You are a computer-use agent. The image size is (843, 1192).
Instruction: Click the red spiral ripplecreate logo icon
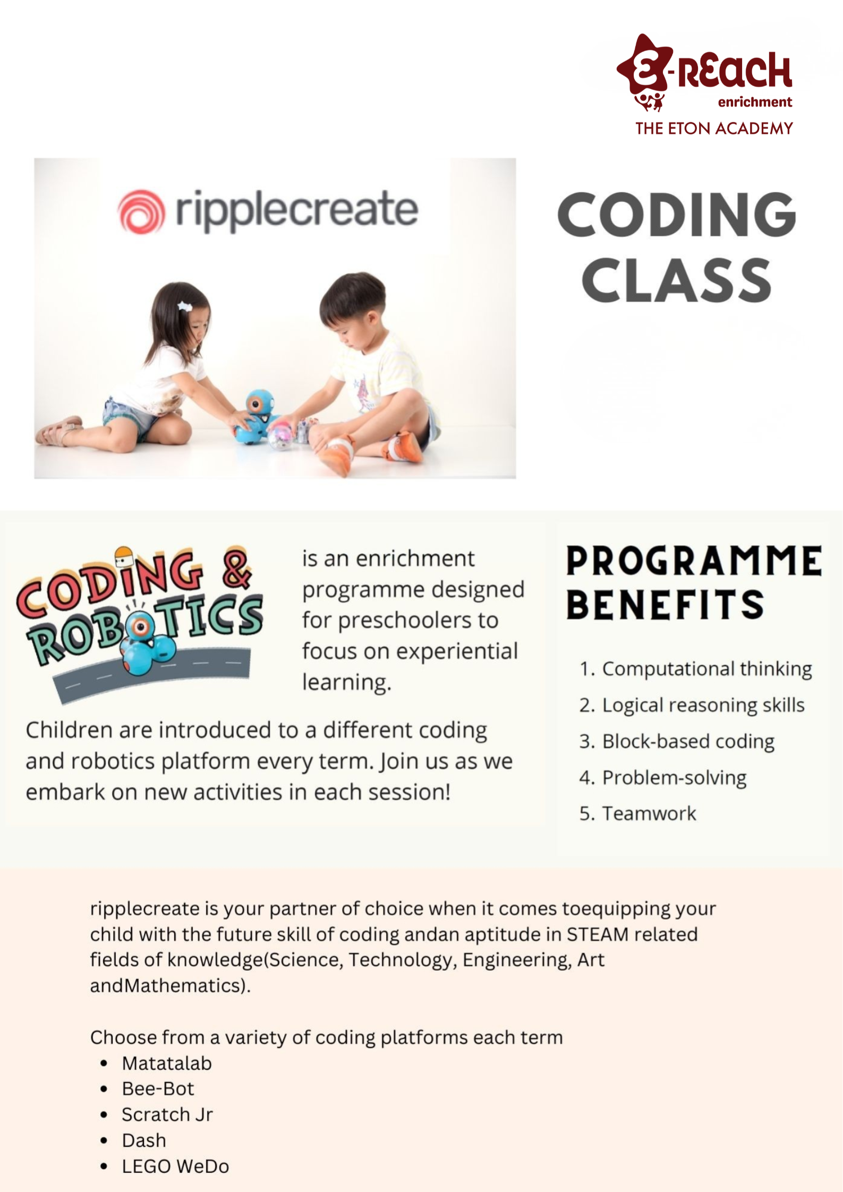[x=141, y=211]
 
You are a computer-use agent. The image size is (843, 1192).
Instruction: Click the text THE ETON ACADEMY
[x=714, y=128]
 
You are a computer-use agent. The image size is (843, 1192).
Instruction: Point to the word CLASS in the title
[x=676, y=280]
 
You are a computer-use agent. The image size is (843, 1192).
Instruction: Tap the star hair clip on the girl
[x=184, y=306]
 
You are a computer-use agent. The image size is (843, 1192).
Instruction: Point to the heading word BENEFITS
[x=665, y=605]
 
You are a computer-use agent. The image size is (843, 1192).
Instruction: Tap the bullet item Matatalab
[x=167, y=1063]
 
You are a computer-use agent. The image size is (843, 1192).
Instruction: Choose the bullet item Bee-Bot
[x=158, y=1088]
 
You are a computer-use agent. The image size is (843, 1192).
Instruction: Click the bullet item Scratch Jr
[x=167, y=1114]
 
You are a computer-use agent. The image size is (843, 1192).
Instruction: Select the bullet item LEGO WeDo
[x=175, y=1166]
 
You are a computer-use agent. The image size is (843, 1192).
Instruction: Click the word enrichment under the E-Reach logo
[x=755, y=102]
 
